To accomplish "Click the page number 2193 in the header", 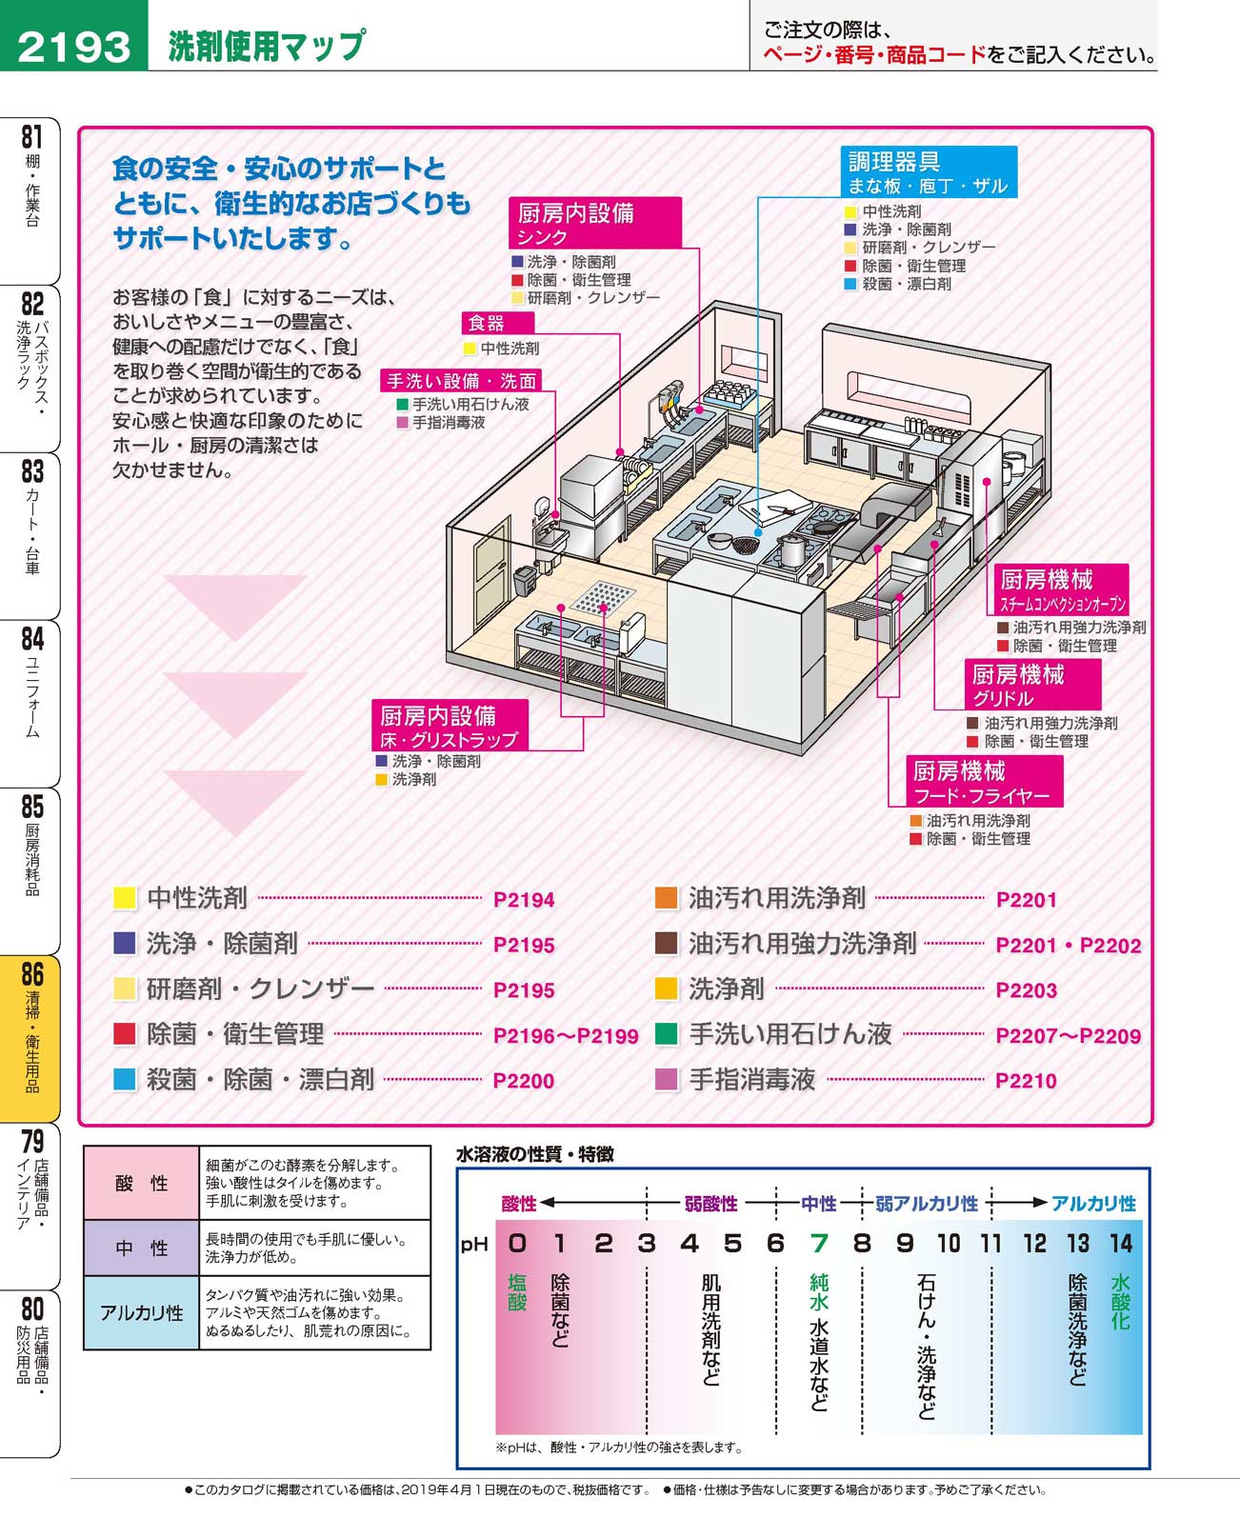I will coord(73,45).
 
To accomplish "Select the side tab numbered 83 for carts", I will coord(32,533).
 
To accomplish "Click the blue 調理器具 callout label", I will coord(930,172).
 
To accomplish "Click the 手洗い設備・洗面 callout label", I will coord(462,381).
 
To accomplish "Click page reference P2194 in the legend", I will coord(524,900).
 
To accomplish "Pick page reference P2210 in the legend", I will coord(1026,1081).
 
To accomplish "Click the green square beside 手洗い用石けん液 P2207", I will coord(667,1034).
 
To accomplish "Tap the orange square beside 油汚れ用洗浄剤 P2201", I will coord(667,898).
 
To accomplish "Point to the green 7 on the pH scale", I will coord(819,1243).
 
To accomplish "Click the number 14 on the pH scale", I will coord(1120,1243).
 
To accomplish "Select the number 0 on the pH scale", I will coord(517,1243).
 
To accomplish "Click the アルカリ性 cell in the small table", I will coord(141,1313).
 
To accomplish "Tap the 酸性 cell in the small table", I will coord(141,1184).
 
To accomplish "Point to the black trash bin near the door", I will coord(525,581).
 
